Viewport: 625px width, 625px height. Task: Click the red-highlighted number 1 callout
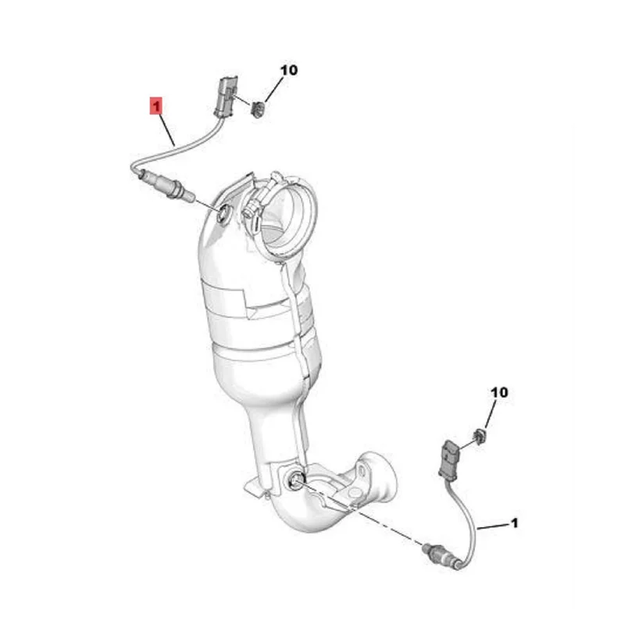[x=157, y=104]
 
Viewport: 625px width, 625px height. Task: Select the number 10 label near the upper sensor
[x=288, y=70]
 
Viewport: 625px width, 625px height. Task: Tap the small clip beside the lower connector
[x=479, y=435]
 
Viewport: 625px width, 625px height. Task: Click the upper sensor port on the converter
[x=223, y=212]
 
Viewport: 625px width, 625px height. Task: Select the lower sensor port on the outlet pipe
[x=296, y=479]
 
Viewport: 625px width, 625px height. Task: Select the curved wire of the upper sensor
[x=176, y=149]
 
